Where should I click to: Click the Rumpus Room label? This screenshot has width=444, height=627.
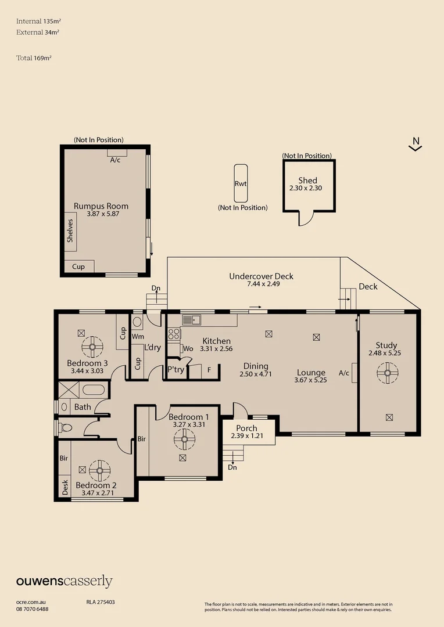coord(101,206)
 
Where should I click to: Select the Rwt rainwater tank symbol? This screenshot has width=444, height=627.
coord(241,183)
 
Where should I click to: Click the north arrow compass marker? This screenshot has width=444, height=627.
coord(416,145)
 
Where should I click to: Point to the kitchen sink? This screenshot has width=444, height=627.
coord(191,320)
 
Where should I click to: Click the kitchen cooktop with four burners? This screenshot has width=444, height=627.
coord(174,334)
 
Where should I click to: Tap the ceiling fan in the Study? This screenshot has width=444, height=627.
coord(388,373)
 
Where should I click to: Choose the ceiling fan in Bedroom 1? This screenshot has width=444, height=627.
coord(185,439)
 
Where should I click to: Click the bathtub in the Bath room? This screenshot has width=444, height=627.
coord(94,390)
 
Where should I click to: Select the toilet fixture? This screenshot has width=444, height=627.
coord(65,428)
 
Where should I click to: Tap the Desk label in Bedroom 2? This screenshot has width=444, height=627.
coord(65,488)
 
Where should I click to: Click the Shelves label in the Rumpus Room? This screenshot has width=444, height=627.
coord(70,230)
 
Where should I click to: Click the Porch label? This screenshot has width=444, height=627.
coord(246,428)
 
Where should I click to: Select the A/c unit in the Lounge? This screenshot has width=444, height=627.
coord(355,373)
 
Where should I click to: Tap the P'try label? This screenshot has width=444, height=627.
coord(176,369)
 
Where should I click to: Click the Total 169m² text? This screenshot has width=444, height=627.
coord(34,58)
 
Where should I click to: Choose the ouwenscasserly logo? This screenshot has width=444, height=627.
coord(64,581)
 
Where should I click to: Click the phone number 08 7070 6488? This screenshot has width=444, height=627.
coord(33,609)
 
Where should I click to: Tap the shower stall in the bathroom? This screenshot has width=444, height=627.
coord(69,390)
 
